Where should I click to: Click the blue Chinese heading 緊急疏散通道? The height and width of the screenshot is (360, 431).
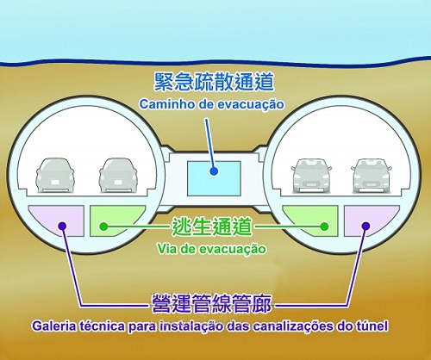214,82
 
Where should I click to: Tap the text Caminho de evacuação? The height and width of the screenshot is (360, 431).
212,104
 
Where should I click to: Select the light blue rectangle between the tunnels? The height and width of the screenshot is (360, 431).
214,178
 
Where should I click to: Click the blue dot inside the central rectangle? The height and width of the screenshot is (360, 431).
214,171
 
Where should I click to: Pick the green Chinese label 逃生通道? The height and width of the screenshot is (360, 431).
212,227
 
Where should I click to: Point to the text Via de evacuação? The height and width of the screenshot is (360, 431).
211,249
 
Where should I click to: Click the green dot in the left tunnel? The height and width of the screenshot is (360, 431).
103,227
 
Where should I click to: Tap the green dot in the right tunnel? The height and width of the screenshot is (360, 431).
324,227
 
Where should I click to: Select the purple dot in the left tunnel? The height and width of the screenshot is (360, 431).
62,227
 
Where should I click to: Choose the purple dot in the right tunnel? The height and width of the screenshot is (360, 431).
365,226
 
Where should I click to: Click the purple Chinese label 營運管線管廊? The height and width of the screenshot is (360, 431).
211,303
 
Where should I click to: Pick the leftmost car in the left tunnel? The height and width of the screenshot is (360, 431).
55,175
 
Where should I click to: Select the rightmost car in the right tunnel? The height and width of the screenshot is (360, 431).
372,176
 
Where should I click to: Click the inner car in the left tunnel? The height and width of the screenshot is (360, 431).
118,175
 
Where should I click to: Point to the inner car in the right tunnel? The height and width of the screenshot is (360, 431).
311,176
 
